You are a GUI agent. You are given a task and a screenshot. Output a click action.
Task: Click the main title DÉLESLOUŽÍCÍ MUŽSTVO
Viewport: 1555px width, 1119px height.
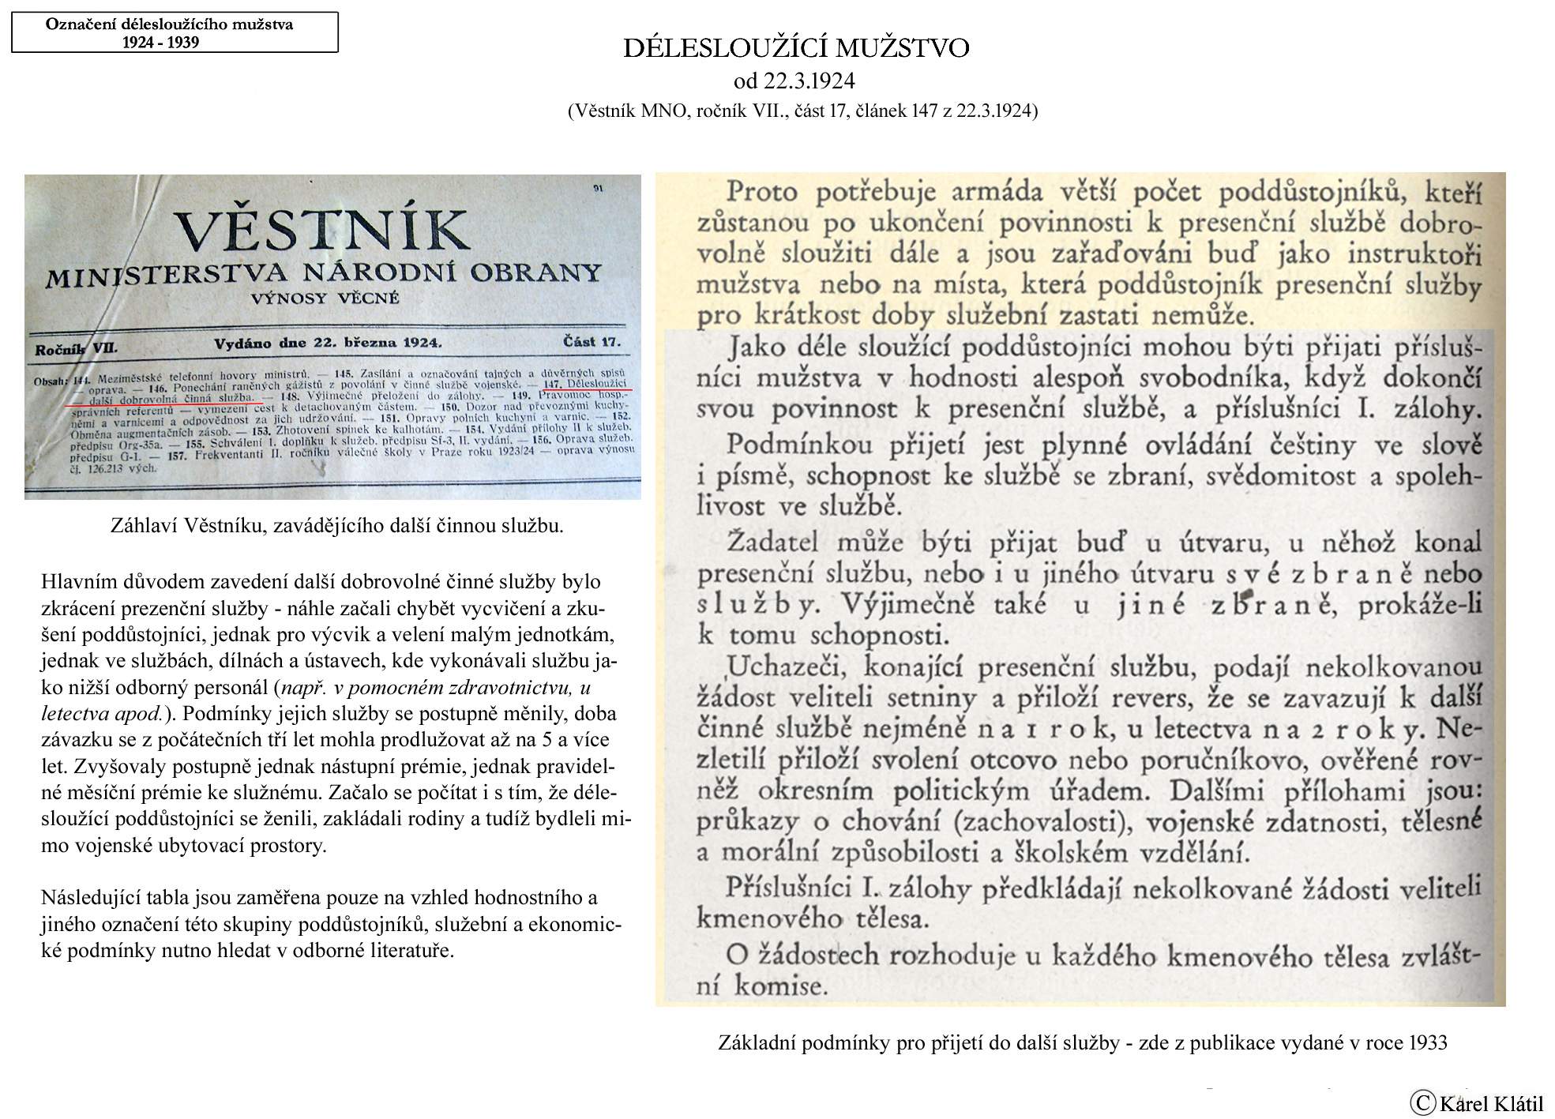[x=796, y=49]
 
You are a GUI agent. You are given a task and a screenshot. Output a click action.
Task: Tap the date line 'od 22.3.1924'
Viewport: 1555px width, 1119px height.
[x=794, y=81]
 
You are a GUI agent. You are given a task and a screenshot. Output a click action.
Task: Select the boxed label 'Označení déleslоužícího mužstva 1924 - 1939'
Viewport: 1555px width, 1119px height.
[x=175, y=32]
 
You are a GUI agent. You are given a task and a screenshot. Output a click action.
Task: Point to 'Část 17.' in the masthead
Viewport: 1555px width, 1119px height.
[x=592, y=342]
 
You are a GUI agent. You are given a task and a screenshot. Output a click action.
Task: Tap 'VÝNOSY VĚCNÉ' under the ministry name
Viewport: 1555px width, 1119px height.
[x=325, y=299]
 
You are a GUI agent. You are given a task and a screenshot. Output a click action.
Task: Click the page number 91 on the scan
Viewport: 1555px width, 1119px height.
[x=597, y=188]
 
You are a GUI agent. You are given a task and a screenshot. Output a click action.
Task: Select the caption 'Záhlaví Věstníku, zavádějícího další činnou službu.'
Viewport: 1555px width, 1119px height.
[x=337, y=526]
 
